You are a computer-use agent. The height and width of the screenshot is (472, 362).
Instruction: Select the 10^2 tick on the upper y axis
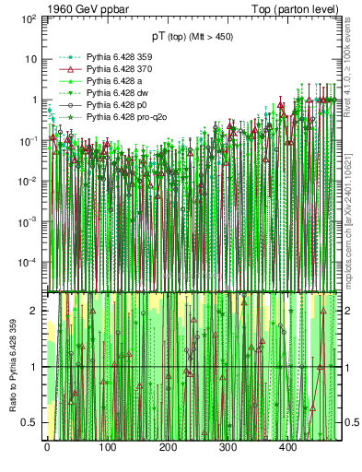[x=30, y=18]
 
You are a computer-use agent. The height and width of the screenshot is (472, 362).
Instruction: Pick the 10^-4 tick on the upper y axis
[x=29, y=262]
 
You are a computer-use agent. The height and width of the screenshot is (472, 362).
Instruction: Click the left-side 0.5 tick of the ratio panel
[x=33, y=422]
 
